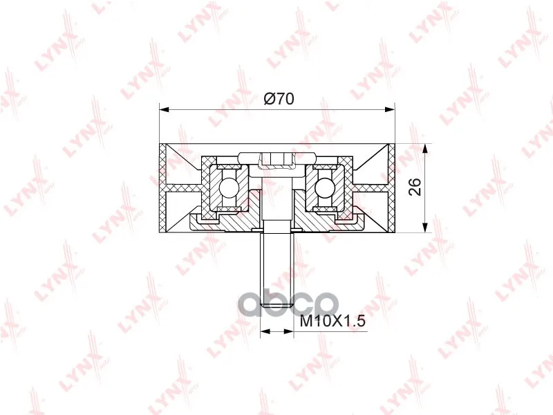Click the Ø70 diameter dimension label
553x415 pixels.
pos(279,99)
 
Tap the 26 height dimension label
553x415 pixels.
pos(415,187)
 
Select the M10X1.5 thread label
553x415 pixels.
pos(332,321)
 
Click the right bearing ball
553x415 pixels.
pos(325,186)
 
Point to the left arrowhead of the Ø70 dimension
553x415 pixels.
pos(165,110)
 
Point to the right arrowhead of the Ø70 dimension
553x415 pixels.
pos(390,110)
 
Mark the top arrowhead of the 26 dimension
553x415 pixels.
pos(426,149)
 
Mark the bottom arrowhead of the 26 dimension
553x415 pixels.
pos(426,228)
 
